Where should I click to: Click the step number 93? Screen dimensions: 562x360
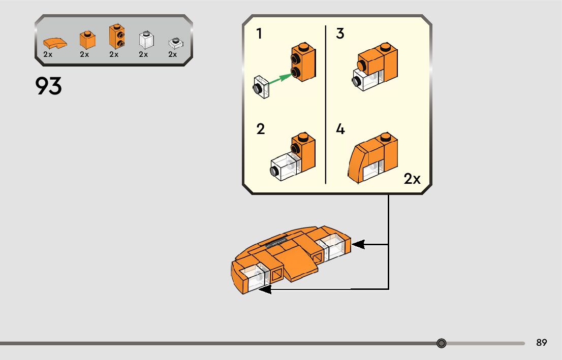pos(49,86)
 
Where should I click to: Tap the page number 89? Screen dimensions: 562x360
pos(542,343)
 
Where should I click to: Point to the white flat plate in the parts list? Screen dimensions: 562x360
pos(173,43)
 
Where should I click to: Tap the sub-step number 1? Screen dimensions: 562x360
pos(260,34)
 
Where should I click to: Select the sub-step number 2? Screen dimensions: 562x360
pos(261,129)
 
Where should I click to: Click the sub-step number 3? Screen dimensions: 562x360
pos(340,34)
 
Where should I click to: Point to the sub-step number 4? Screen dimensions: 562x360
pos(340,129)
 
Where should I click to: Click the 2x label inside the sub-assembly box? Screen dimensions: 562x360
pos(412,179)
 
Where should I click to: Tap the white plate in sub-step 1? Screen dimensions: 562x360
pos(261,87)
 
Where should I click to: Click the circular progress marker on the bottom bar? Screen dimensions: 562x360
pos(442,343)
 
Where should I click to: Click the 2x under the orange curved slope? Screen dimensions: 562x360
pos(48,54)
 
